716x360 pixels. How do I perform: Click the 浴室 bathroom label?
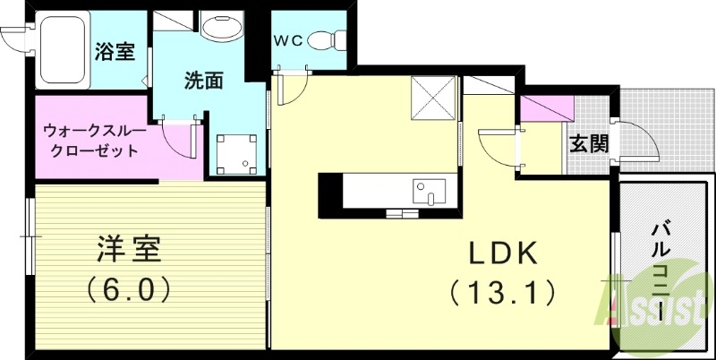click(x=115, y=51)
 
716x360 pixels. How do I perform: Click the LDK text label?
click(x=504, y=254)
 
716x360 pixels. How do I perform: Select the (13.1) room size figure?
click(x=502, y=291)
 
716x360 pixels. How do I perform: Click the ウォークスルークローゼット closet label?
click(x=91, y=141)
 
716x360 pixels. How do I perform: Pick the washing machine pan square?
click(x=237, y=154)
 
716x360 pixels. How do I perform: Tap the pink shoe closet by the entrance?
click(x=547, y=108)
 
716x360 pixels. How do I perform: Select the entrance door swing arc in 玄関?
click(x=637, y=139)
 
